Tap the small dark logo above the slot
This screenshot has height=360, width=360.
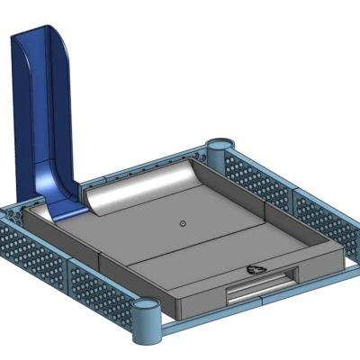click(256, 268)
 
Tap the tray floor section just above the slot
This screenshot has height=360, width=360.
click(225, 261)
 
